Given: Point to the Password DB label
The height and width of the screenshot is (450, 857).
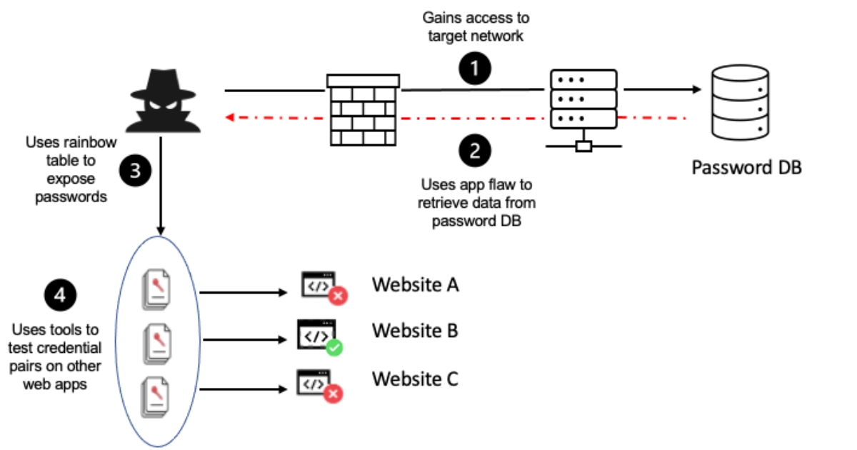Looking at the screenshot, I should tap(746, 168).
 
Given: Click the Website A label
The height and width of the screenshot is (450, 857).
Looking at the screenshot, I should tap(415, 285).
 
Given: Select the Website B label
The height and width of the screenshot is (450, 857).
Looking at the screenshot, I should tap(414, 331).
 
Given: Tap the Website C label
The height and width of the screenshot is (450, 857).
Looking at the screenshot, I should tap(414, 379).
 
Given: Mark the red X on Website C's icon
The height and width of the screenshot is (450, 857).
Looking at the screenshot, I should tap(333, 394).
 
